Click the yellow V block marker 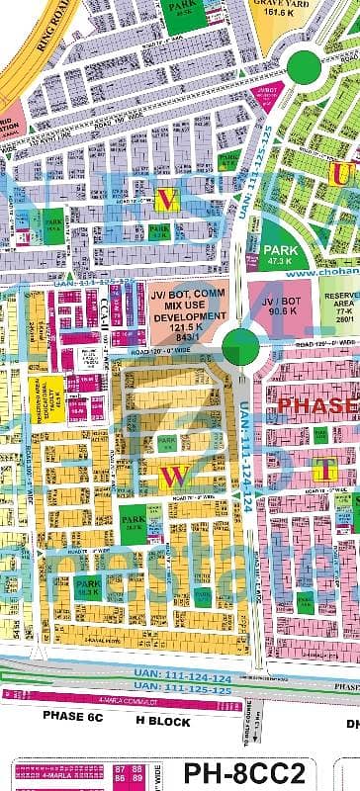coord(169,203)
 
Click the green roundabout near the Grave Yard coord(305,66)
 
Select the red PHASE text coord(317,405)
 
